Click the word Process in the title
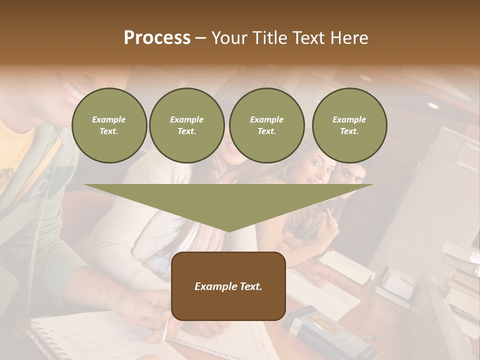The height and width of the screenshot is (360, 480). [157, 38]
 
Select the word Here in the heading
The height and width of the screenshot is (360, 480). [350, 38]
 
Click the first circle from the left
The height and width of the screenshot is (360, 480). [109, 125]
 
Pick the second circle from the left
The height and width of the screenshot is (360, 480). [187, 125]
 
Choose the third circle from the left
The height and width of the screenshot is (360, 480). [266, 125]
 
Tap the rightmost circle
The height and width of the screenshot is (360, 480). [349, 125]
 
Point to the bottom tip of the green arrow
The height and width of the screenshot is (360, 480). [228, 231]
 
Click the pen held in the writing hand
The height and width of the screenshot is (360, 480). [165, 330]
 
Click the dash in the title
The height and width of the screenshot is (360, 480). [200, 38]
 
